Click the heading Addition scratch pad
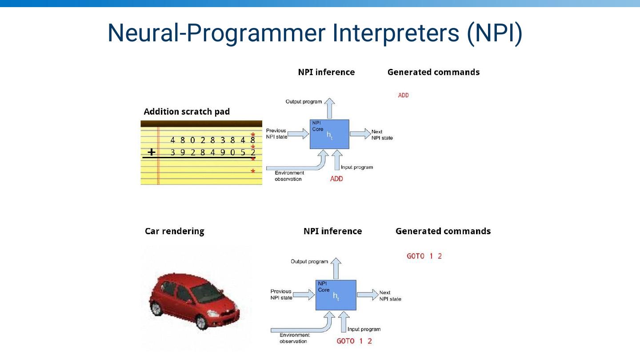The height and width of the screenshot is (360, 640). pyautogui.click(x=187, y=112)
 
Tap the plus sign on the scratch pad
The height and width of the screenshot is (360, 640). pyautogui.click(x=152, y=152)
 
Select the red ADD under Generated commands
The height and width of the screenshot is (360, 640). pyautogui.click(x=403, y=95)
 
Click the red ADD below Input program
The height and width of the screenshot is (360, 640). pyautogui.click(x=336, y=179)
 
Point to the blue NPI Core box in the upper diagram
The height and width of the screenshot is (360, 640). pyautogui.click(x=329, y=134)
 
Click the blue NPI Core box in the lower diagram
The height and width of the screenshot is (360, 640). pyautogui.click(x=336, y=295)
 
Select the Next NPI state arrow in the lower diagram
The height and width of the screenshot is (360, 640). pyautogui.click(x=367, y=294)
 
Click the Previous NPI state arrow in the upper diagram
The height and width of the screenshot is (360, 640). pyautogui.click(x=298, y=133)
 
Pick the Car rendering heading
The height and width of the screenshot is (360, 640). pyautogui.click(x=175, y=231)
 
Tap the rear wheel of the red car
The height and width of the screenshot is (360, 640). pyautogui.click(x=156, y=308)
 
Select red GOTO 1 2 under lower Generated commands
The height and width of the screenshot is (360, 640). pyautogui.click(x=424, y=256)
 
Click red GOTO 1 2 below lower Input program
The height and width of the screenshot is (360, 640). pyautogui.click(x=354, y=341)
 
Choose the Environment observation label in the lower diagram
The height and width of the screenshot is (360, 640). pyautogui.click(x=293, y=338)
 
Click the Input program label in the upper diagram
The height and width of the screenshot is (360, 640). pyautogui.click(x=357, y=167)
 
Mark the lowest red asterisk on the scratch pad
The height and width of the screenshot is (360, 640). pyautogui.click(x=253, y=172)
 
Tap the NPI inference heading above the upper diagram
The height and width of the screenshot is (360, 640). pyautogui.click(x=326, y=72)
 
